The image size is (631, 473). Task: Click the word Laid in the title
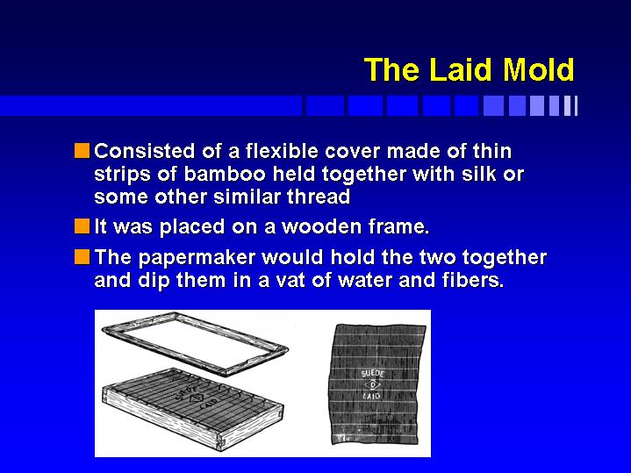461,70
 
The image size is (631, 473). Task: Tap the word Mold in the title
539,70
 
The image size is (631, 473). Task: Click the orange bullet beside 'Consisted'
82,151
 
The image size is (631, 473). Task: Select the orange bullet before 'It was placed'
82,226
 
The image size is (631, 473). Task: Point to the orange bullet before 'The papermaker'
82,257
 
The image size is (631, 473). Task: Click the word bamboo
225,174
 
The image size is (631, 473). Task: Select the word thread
319,197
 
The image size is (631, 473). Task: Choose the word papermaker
197,259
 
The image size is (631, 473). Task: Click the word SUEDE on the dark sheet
373,373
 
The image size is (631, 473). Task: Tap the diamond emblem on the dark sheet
373,385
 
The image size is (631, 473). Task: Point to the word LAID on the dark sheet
371,396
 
